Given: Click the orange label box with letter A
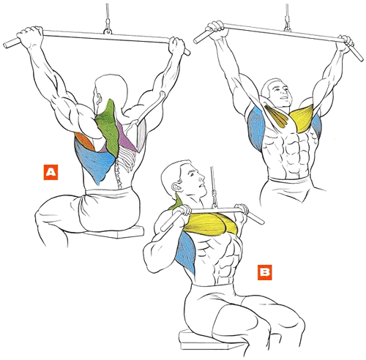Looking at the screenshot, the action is tap(51, 173).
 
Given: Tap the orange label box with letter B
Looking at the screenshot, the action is tap(265, 272).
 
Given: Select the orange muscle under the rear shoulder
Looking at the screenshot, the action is tap(84, 141).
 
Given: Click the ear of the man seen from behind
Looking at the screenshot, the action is tap(99, 98).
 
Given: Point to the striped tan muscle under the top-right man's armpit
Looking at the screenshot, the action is tap(278, 116).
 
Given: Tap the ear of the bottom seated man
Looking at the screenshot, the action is tap(177, 187).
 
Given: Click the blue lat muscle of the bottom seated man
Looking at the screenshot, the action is tap(187, 252).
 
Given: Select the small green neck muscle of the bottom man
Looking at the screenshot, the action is tap(178, 203).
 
